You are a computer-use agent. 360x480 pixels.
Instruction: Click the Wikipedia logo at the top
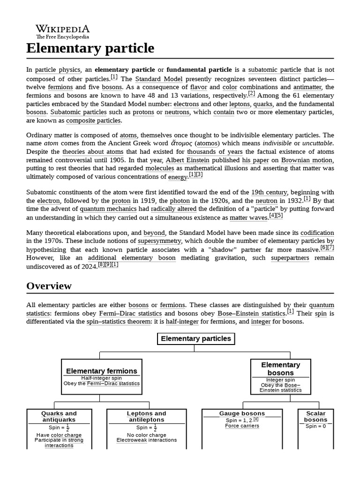tap(62, 31)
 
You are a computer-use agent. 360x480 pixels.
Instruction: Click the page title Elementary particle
tap(90, 48)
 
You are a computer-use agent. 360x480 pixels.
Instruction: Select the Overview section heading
tap(49, 286)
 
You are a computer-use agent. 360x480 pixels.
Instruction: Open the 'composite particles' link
tap(93, 121)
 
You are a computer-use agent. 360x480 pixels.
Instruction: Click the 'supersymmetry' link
tap(158, 241)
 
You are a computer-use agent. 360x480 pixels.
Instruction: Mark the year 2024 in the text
tap(88, 266)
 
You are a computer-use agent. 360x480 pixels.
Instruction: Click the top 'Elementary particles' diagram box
tap(195, 338)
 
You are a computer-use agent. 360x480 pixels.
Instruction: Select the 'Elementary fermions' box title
tap(102, 371)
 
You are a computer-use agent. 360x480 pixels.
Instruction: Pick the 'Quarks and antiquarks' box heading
tap(59, 416)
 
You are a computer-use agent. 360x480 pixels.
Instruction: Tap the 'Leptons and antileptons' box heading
tap(146, 416)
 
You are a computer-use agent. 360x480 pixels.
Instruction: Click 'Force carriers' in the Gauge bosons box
tap(242, 426)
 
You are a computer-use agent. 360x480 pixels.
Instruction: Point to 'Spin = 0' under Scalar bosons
tap(315, 426)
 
